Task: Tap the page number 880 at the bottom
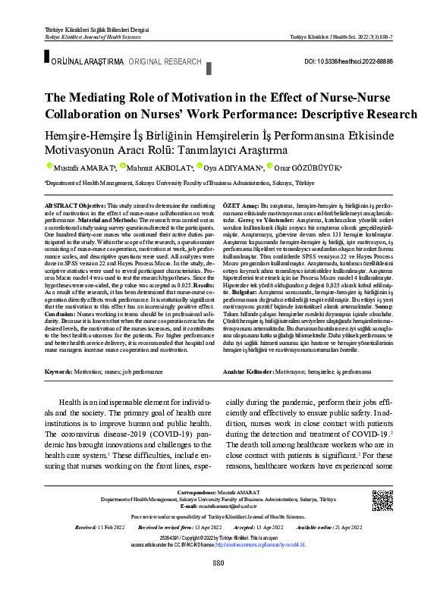pyautogui.click(x=218, y=583)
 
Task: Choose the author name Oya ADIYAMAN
pyautogui.click(x=231, y=168)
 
